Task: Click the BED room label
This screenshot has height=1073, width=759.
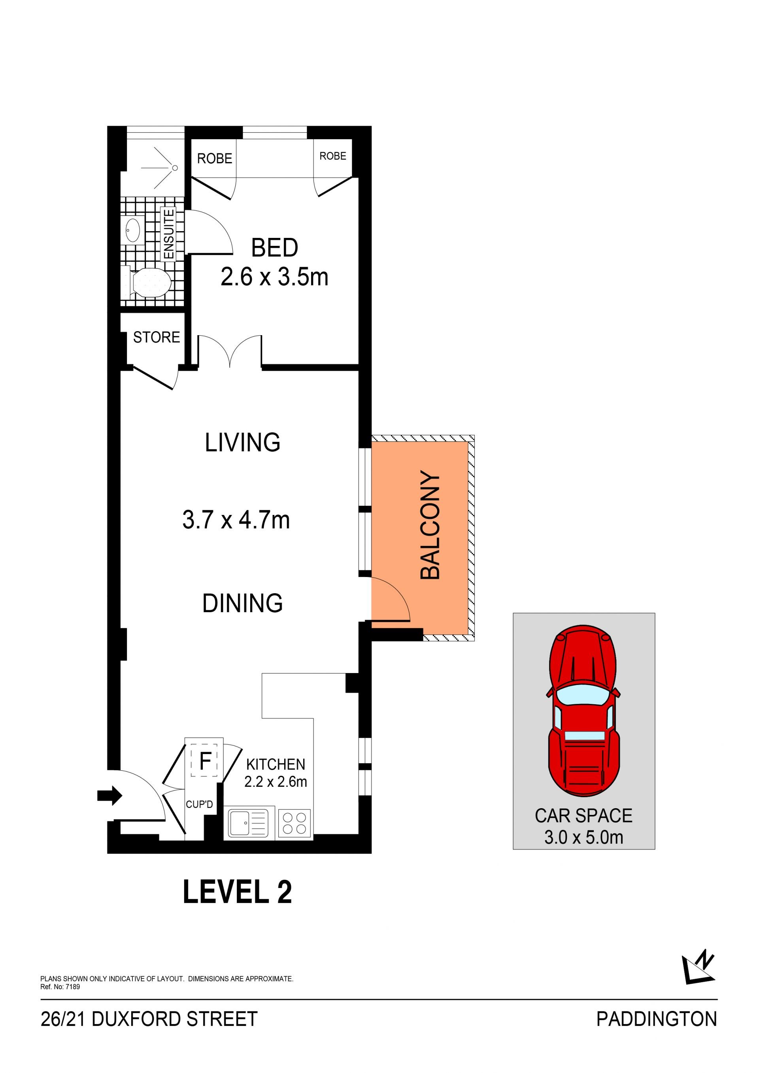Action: tap(274, 248)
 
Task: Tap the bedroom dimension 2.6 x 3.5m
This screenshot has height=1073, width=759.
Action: tap(274, 277)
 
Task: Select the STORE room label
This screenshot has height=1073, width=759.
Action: tap(157, 337)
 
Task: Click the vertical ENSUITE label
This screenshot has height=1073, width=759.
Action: tap(169, 234)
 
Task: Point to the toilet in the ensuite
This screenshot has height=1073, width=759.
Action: tap(147, 282)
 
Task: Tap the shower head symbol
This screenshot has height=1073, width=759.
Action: tap(175, 167)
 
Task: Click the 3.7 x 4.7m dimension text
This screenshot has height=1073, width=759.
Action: tap(236, 520)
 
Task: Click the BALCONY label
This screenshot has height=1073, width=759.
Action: tap(430, 525)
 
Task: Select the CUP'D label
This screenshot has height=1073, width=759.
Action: tap(199, 804)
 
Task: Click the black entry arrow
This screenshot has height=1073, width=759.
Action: tap(110, 796)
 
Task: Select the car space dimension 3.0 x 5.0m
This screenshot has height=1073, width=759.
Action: tap(584, 837)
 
